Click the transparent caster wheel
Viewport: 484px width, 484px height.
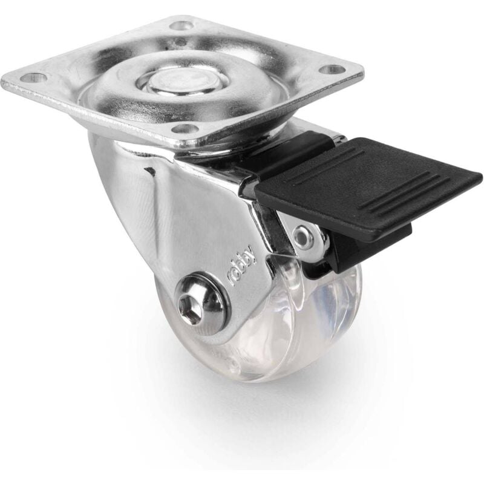[x=287, y=327]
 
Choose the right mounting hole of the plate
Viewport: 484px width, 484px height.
[x=330, y=70]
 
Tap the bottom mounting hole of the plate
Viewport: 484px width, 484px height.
[x=185, y=129]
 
